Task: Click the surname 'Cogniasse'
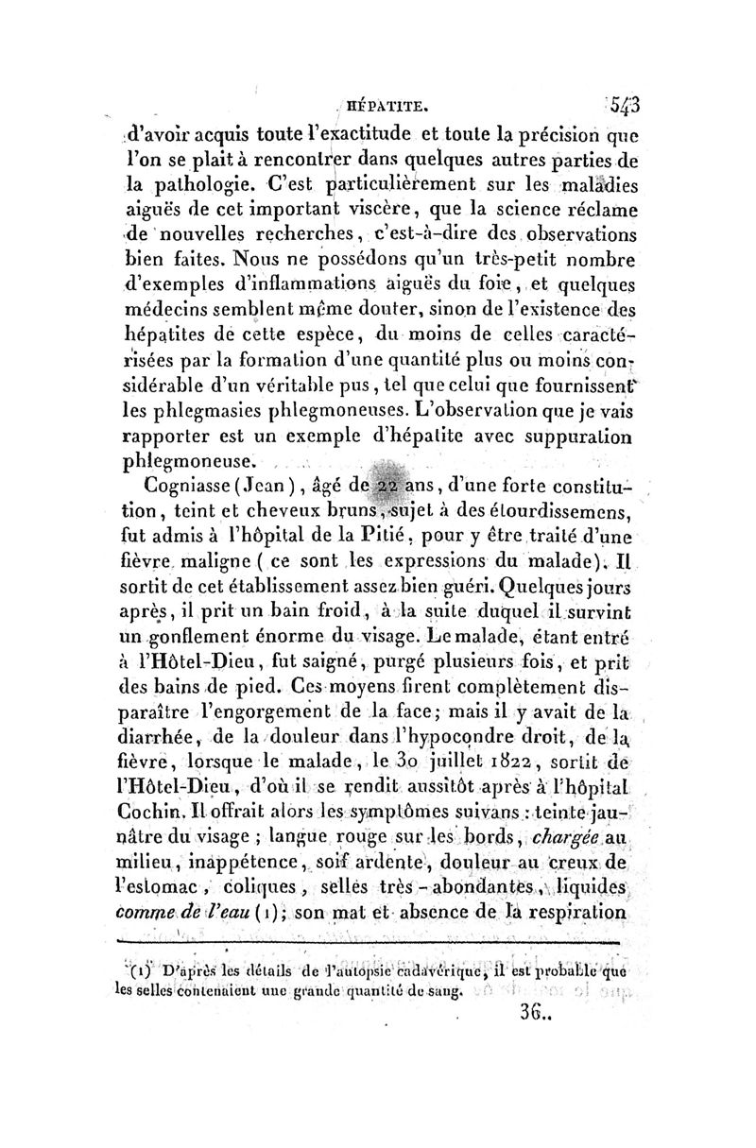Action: pos(189,488)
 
